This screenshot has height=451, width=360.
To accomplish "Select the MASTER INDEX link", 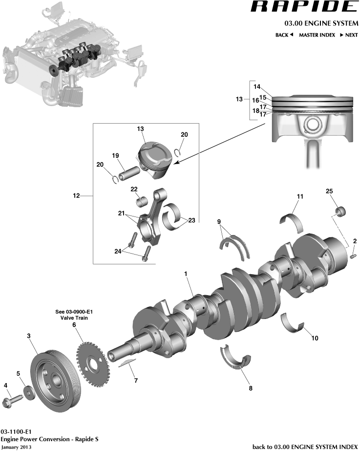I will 317,35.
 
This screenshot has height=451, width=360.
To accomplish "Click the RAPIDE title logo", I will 304,7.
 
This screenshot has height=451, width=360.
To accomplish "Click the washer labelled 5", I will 29,392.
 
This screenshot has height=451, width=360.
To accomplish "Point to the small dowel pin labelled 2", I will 354,255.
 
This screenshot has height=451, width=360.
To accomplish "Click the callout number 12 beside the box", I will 76,196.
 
